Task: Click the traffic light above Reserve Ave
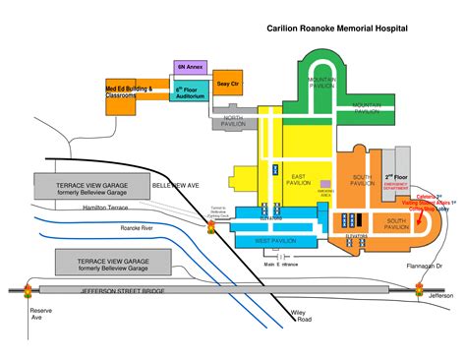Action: tap(27, 291)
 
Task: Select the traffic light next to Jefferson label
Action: tap(420, 291)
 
